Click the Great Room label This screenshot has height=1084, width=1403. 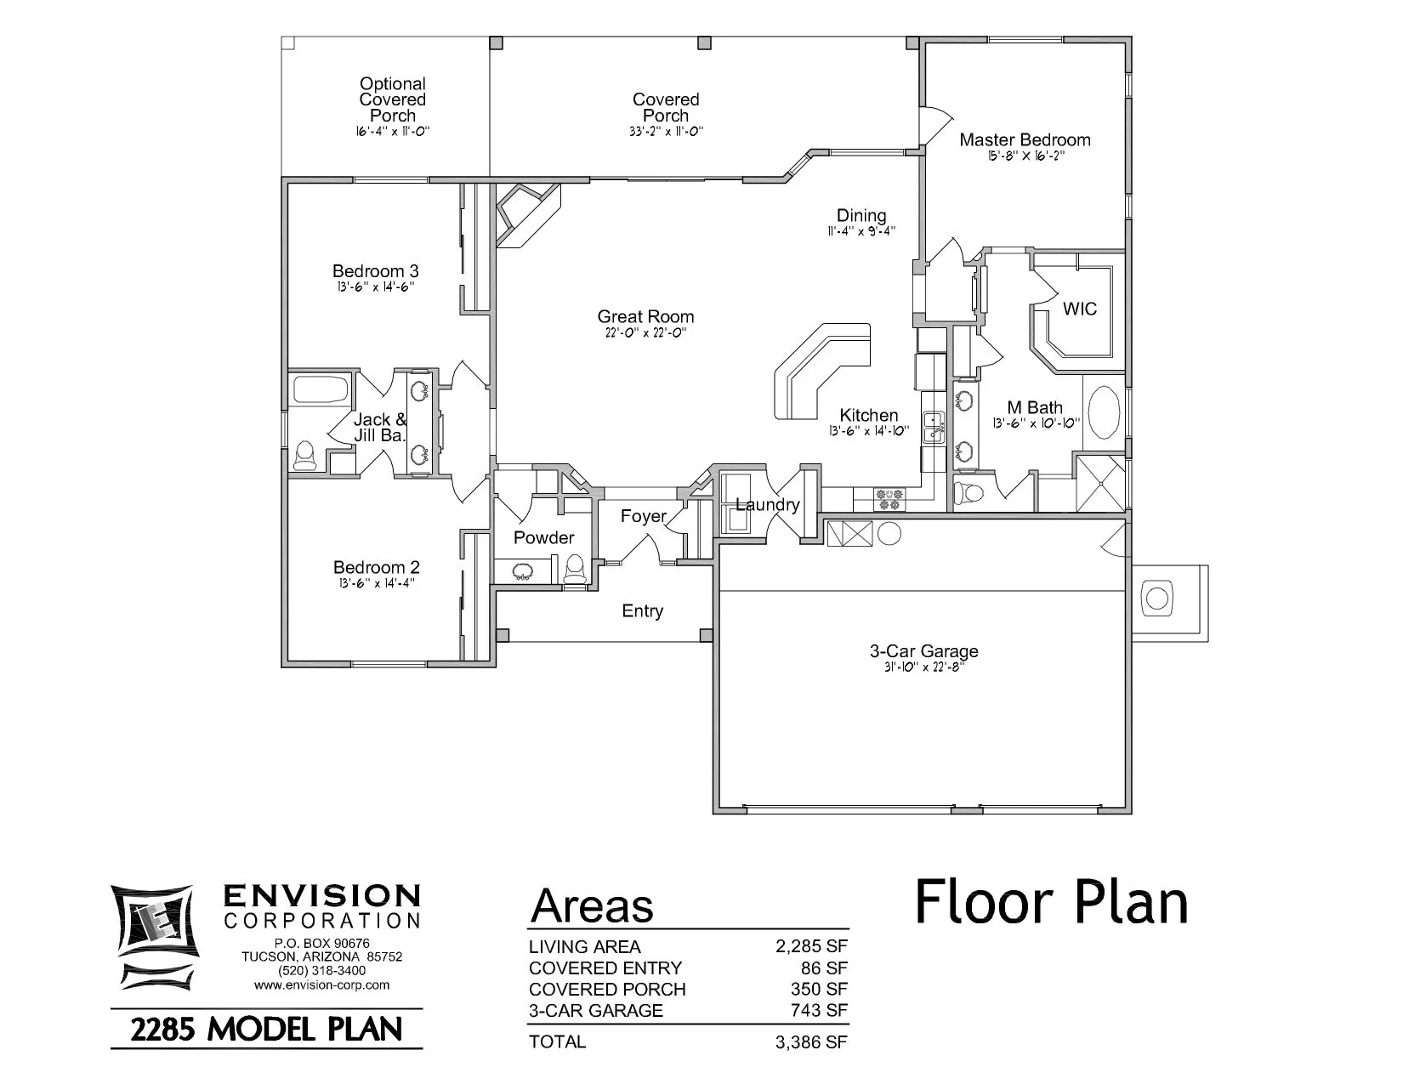[x=645, y=317]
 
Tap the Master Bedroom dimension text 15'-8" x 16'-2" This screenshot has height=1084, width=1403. [x=1025, y=156]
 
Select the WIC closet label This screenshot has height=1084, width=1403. [x=1079, y=309]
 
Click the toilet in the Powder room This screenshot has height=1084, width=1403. [x=576, y=569]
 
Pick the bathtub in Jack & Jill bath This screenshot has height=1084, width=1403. [x=321, y=390]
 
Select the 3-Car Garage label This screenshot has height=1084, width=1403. [x=923, y=651]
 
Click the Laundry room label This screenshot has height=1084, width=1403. [x=767, y=505]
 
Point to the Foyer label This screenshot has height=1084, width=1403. [x=643, y=516]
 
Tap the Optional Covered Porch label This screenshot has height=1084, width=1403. [x=392, y=99]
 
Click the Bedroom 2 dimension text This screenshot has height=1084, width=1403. [x=375, y=583]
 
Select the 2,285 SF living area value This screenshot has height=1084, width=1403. [x=811, y=947]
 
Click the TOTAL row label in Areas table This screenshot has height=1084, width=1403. [x=557, y=1041]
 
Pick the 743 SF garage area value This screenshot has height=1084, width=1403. [x=824, y=1011]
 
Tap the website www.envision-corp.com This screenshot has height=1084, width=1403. [x=321, y=985]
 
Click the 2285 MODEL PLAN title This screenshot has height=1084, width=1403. [x=266, y=1030]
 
